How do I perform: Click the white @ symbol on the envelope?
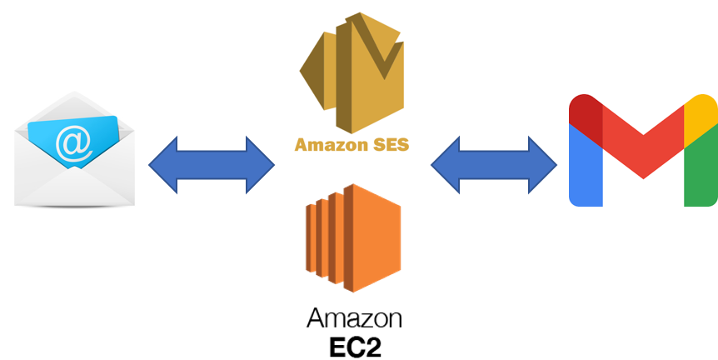point(73,142)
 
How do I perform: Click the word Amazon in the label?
point(326,144)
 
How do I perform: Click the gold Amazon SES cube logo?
point(352,70)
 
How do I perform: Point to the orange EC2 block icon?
point(353,237)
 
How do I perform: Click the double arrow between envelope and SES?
point(212,165)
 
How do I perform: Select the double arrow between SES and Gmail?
point(493,165)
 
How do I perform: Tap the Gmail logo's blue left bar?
point(586,167)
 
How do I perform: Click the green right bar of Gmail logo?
point(701,167)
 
